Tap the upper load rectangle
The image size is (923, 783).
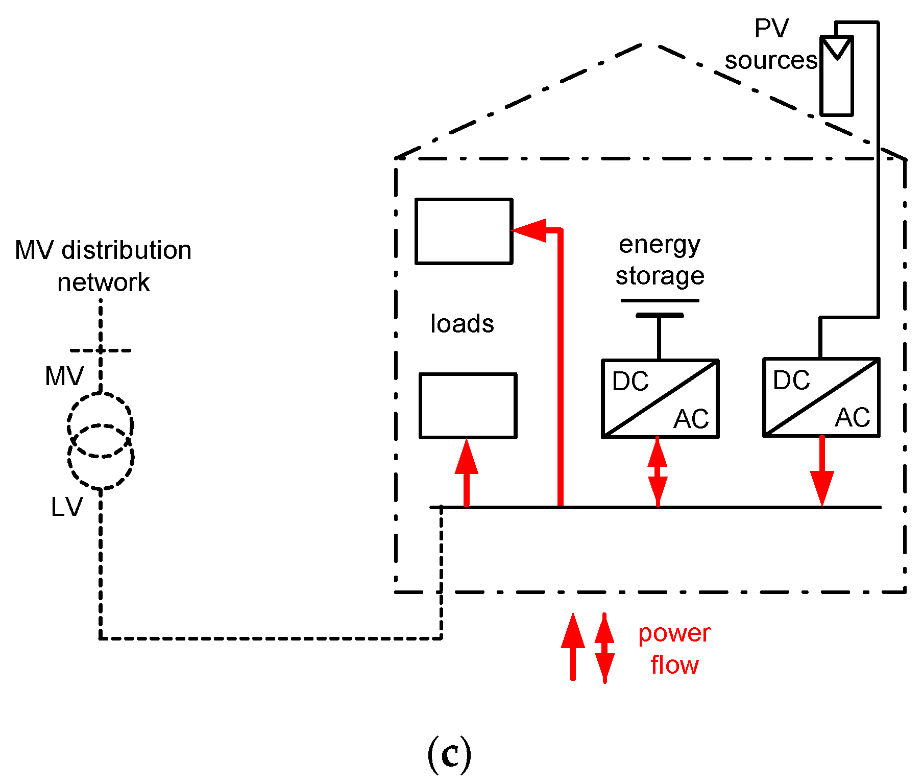[464, 231]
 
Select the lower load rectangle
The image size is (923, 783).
[468, 406]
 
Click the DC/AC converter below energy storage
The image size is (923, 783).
[660, 398]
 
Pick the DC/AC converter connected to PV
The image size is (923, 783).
[821, 397]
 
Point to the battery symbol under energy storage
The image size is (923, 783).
[660, 309]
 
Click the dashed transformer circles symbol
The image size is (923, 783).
[101, 440]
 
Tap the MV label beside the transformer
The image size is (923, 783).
[64, 376]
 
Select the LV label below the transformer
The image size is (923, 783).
[66, 507]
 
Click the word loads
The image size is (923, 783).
[462, 324]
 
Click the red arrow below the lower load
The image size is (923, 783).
[466, 472]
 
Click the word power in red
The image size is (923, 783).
[674, 633]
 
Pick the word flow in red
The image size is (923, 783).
[674, 665]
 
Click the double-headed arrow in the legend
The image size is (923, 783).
[604, 648]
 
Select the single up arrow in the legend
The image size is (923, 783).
[573, 647]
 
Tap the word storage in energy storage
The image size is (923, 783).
[660, 276]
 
